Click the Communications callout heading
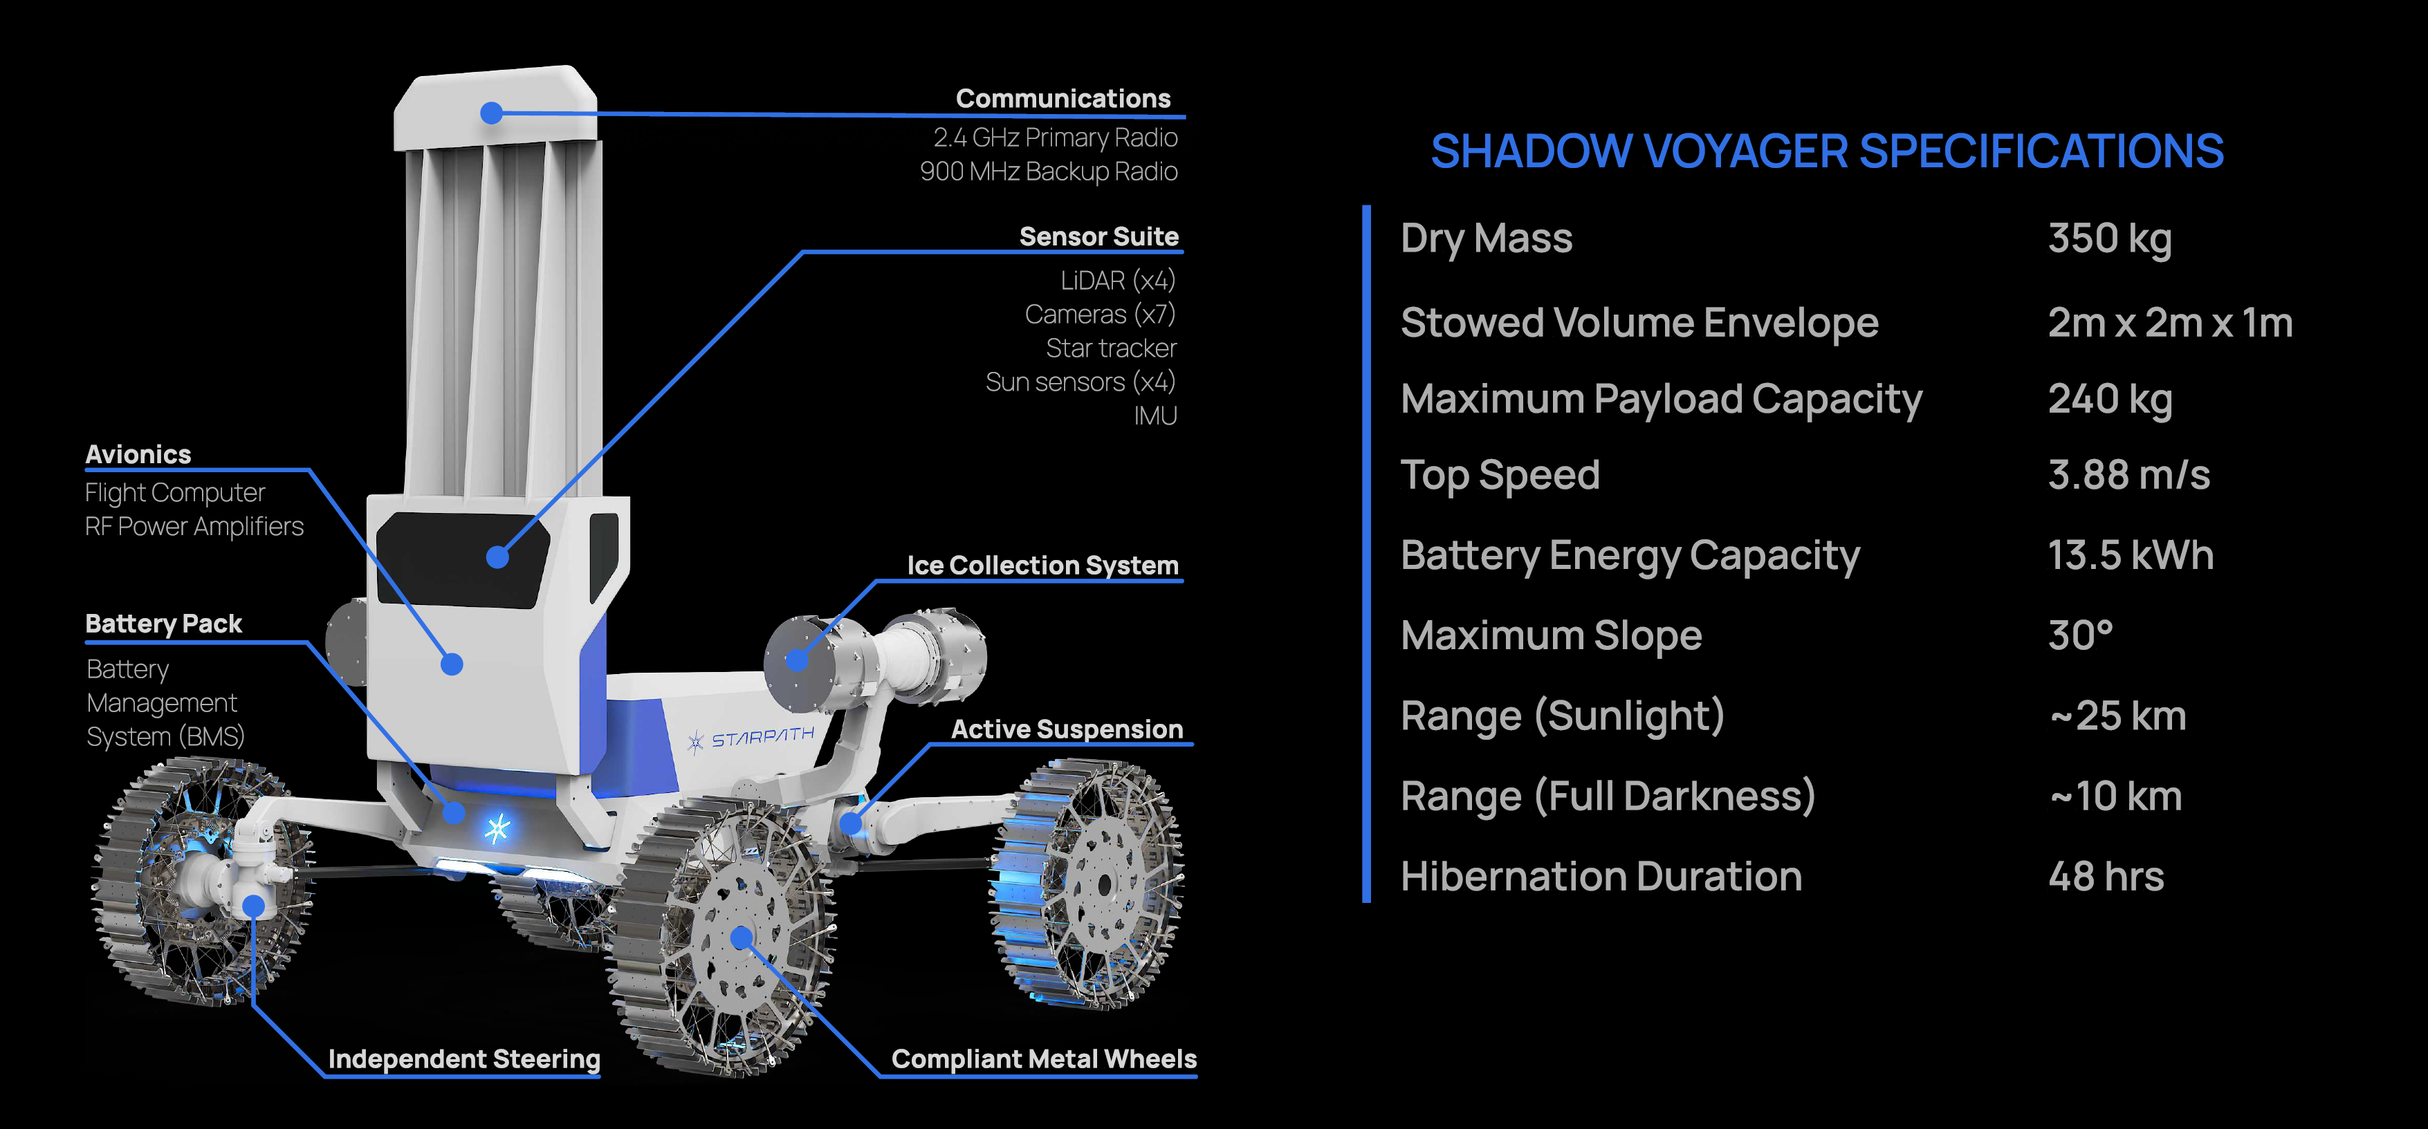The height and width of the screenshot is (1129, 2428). click(1063, 98)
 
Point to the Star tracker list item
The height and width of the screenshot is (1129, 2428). click(1110, 348)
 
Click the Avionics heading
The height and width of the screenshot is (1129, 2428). click(138, 454)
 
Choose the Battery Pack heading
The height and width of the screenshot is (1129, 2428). click(163, 623)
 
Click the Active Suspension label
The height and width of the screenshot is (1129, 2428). click(1066, 729)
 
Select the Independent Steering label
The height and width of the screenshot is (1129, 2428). click(463, 1058)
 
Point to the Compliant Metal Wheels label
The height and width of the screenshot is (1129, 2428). click(1043, 1058)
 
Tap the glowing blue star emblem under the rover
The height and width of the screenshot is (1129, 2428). click(497, 828)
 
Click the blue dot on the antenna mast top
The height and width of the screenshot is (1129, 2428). click(491, 113)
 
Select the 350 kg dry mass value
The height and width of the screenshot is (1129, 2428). click(2109, 239)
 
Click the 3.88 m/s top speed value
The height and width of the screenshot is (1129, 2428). click(2128, 475)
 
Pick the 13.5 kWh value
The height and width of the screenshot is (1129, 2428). click(2130, 555)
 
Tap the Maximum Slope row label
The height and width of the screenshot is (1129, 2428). click(1550, 635)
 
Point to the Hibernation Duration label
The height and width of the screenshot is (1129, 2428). click(1601, 877)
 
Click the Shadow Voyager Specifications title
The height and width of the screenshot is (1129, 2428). click(1827, 151)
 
